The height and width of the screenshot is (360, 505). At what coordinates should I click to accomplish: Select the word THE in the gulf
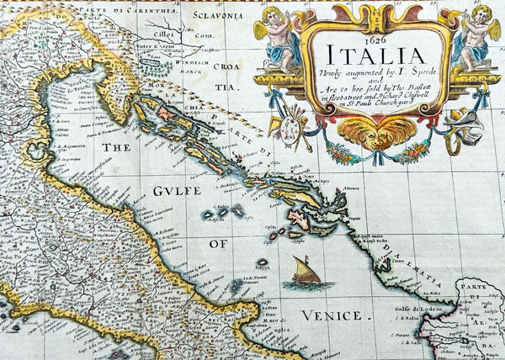pyautogui.click(x=120, y=146)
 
